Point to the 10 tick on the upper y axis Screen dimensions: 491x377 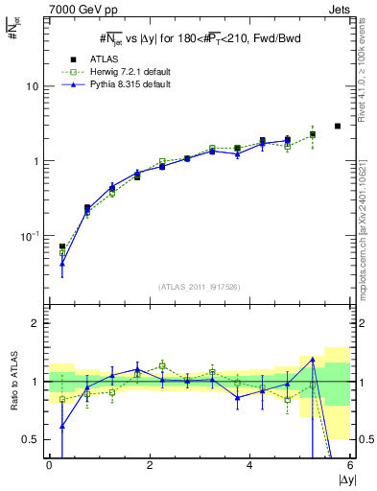click(x=33, y=86)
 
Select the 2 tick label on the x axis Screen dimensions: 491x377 click(x=150, y=464)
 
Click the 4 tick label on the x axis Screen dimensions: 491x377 click(x=249, y=464)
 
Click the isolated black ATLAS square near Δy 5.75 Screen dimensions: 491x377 click(x=337, y=126)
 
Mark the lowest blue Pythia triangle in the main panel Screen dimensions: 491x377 click(x=62, y=263)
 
